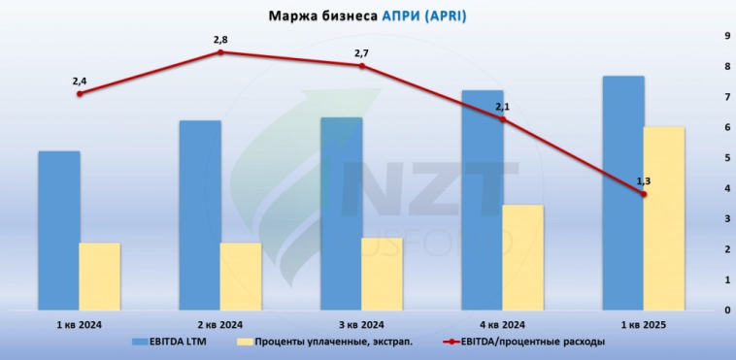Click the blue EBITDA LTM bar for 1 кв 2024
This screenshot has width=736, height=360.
pos(58,230)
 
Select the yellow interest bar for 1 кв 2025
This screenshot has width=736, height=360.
pos(664,218)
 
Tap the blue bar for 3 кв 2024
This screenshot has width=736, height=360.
pos(341,213)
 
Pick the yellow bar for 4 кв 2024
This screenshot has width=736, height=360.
pos(523,257)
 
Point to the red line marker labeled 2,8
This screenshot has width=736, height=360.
pos(220,52)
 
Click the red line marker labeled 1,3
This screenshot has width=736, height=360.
pos(644,194)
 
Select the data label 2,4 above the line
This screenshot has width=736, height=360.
pos(80,81)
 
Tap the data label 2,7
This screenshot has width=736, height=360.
pos(362,52)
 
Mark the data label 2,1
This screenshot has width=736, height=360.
pos(503,107)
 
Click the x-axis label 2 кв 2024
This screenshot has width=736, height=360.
pos(220,324)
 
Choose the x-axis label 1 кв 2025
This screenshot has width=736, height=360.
pos(644,324)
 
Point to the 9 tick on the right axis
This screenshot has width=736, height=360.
pos(725,36)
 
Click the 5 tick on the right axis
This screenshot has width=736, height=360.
pos(725,158)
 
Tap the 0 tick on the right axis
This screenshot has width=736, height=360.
pos(725,311)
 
